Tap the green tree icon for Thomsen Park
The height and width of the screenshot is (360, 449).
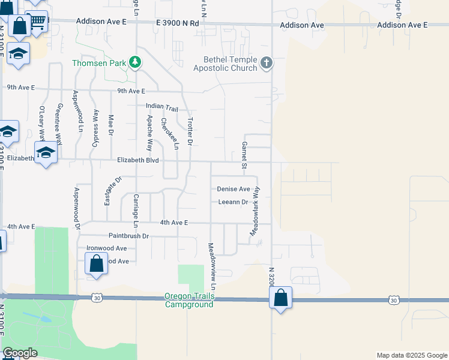pos(136,62)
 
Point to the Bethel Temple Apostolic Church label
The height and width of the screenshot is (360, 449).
pos(225,64)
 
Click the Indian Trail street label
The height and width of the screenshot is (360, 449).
pos(162,107)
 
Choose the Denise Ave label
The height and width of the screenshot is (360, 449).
pos(233,189)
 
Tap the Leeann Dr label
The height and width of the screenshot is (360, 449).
pos(233,202)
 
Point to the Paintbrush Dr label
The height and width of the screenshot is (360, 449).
pos(128,236)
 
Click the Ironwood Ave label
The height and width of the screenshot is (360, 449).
pos(106,248)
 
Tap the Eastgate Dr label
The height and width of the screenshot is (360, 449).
pos(113,190)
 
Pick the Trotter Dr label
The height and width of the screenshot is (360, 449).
pos(190,131)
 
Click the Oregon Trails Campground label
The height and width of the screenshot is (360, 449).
pos(189,300)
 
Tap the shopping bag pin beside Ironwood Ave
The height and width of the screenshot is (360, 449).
pos(96,263)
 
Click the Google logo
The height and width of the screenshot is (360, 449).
pos(19,353)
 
